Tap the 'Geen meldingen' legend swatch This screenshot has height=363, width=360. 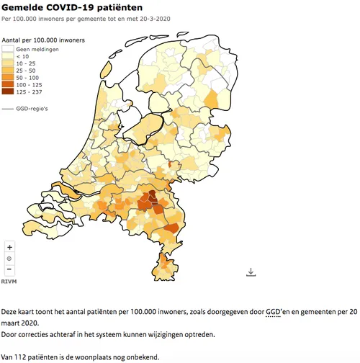coord(9,48)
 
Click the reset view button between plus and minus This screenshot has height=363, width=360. coord(9,258)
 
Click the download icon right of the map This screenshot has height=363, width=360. coord(251,272)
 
